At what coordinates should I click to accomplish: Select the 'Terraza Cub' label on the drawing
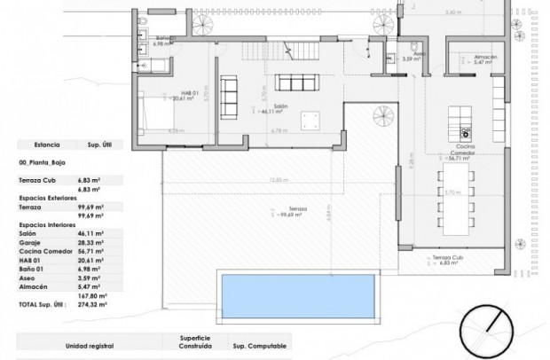[447, 260]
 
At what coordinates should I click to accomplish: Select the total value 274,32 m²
[97, 304]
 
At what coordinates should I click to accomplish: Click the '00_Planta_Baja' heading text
[42, 163]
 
